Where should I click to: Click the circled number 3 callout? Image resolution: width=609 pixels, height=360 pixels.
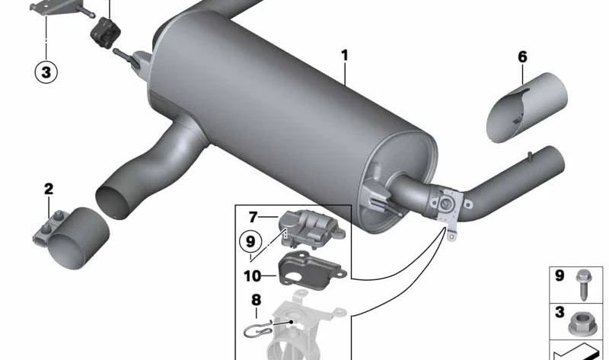46,72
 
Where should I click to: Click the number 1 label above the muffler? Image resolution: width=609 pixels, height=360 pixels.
345,56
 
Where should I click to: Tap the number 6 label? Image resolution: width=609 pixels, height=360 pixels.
523,56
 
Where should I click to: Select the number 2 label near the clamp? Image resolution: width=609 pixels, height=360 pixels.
49,189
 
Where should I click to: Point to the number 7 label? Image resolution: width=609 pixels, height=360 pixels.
253,217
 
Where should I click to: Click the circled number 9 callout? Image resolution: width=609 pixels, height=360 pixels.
250,241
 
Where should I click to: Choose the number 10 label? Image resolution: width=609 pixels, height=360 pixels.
253,276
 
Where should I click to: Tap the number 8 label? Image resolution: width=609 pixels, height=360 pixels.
257,300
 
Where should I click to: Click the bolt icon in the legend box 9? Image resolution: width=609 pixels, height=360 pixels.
582,285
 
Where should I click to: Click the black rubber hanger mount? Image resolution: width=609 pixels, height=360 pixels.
105,33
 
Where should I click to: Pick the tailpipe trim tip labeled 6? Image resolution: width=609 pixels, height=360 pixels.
527,107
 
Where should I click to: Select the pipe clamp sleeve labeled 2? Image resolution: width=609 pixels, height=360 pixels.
72,238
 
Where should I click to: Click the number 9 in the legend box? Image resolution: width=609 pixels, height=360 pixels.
560,276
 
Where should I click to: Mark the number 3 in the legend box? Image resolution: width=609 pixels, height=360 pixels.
560,312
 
